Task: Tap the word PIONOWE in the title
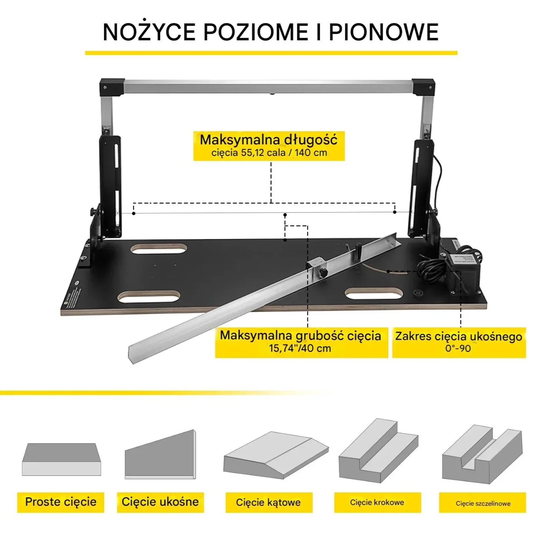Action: click(384, 32)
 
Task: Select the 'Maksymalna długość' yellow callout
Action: click(269, 146)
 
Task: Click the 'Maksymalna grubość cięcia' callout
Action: click(301, 343)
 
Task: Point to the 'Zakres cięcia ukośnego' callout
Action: click(459, 343)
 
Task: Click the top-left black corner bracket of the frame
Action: click(112, 88)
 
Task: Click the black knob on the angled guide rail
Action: click(323, 273)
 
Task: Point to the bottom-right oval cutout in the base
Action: click(374, 294)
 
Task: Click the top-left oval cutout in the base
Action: click(159, 249)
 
